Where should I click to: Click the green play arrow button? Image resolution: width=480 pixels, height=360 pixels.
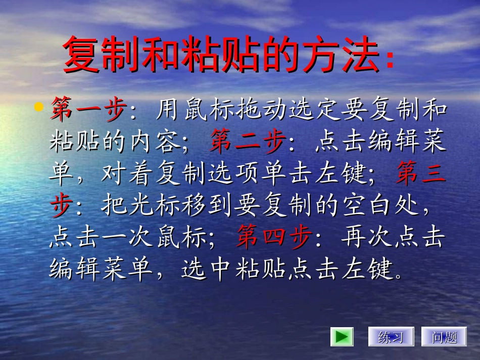tap(342, 337)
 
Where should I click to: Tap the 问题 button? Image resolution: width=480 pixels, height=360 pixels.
tap(444, 337)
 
